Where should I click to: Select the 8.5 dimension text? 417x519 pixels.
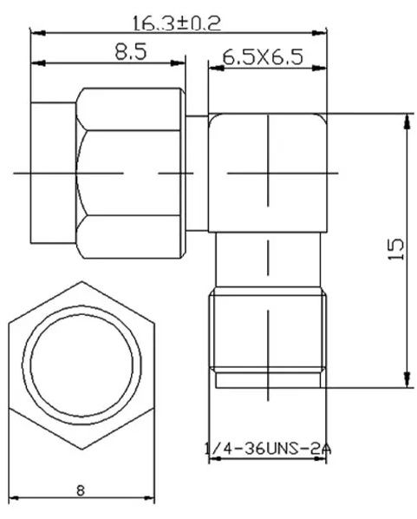pos(130,51)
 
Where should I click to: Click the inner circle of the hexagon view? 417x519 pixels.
pos(81,365)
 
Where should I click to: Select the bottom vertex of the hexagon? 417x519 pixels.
pos(81,449)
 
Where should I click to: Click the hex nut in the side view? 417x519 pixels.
pos(130,174)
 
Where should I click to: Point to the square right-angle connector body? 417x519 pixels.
pos(267,174)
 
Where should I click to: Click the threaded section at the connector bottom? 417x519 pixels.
pos(267,334)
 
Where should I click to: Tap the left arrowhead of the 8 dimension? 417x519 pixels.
pos(13,498)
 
